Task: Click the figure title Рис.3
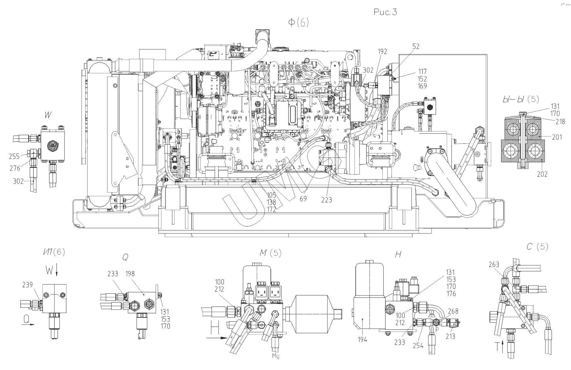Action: pyautogui.click(x=385, y=12)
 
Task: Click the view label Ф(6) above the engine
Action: pyautogui.click(x=298, y=23)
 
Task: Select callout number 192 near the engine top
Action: pyautogui.click(x=382, y=52)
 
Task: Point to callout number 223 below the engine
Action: pyautogui.click(x=327, y=200)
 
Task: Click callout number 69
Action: pyautogui.click(x=303, y=198)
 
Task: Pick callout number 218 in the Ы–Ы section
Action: pyautogui.click(x=560, y=121)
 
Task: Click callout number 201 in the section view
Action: pyautogui.click(x=557, y=137)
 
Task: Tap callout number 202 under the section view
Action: pyautogui.click(x=542, y=174)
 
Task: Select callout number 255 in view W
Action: pyautogui.click(x=14, y=156)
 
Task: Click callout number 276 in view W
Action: pyautogui.click(x=15, y=168)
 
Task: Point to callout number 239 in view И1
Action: pyautogui.click(x=27, y=285)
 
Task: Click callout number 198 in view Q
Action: pyautogui.click(x=129, y=274)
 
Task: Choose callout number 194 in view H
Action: pyautogui.click(x=362, y=339)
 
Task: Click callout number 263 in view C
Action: pyautogui.click(x=494, y=265)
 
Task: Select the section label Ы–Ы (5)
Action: pyautogui.click(x=521, y=99)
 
